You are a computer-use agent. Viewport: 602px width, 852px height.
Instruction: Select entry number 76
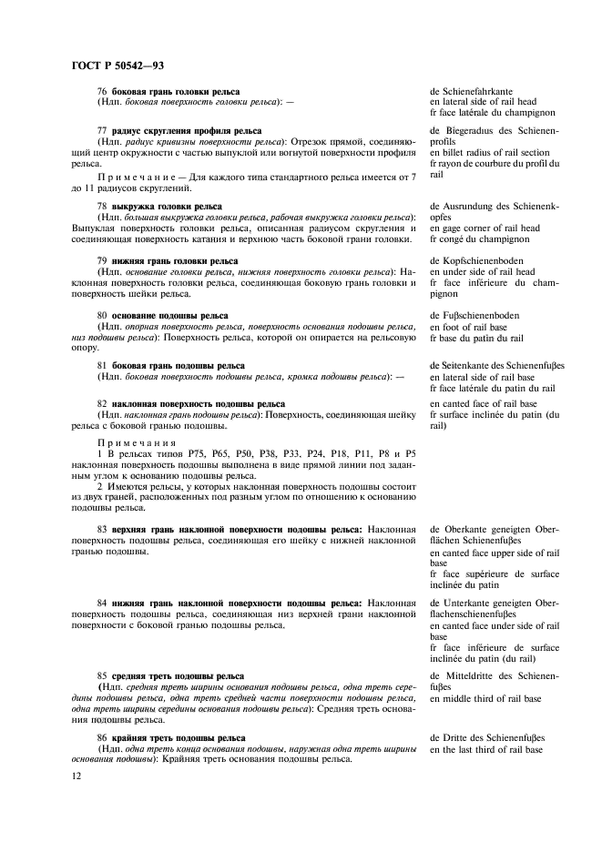(x=101, y=92)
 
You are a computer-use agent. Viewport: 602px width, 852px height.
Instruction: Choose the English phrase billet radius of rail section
(x=495, y=152)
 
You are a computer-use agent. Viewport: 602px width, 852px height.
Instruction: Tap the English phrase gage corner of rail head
(x=490, y=228)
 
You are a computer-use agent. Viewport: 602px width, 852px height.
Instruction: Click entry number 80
(x=101, y=315)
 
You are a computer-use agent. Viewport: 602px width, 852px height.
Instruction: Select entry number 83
(x=101, y=529)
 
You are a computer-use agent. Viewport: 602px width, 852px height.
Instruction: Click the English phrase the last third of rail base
(x=491, y=749)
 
